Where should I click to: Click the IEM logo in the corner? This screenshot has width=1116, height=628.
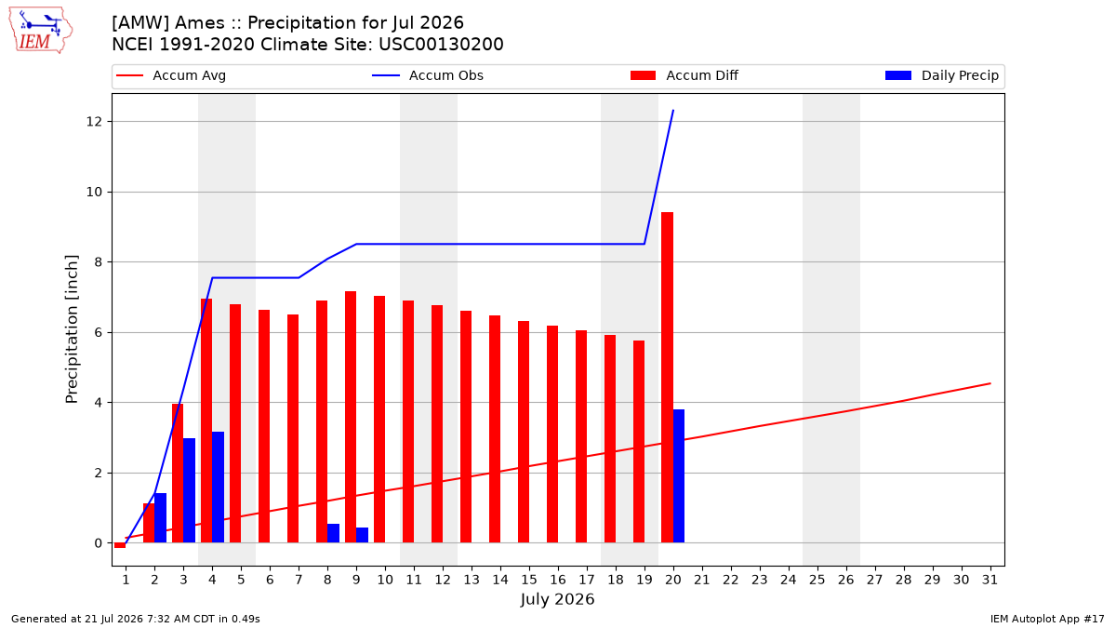(41, 31)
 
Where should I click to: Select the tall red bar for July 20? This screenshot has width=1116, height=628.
(667, 378)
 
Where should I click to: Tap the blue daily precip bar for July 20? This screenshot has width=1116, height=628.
(679, 476)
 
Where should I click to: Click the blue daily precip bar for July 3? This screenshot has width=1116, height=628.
(189, 490)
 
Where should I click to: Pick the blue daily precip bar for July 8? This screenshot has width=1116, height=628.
(333, 533)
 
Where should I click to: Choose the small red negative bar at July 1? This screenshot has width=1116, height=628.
(120, 545)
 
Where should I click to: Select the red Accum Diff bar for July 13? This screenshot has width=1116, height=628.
(466, 427)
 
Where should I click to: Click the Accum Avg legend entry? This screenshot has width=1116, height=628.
(171, 75)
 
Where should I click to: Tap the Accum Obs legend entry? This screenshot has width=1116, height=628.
(428, 75)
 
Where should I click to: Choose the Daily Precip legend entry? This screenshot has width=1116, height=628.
(941, 75)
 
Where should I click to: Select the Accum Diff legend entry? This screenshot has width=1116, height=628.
(684, 75)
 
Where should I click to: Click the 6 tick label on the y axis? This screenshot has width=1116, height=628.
(99, 332)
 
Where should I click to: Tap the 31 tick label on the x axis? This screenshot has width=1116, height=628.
(990, 580)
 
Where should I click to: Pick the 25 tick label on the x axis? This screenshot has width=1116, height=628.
(817, 580)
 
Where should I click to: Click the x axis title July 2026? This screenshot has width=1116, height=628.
(557, 599)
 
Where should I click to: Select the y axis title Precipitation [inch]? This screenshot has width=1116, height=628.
(72, 329)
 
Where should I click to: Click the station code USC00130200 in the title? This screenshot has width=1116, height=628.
(441, 45)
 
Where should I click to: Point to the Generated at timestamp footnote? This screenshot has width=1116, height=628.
(136, 619)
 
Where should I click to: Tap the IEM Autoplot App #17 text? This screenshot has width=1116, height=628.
(1047, 619)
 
